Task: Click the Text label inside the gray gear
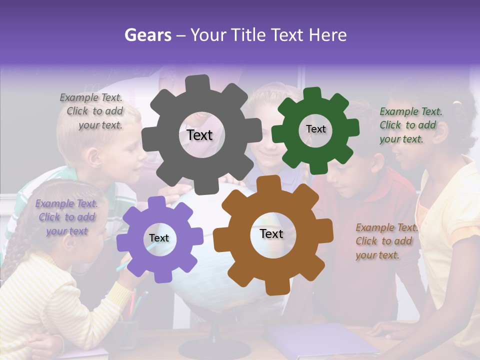[x=199, y=135]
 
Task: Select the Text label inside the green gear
[x=315, y=129]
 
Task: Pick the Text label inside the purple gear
[x=159, y=238]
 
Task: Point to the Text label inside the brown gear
[x=271, y=233]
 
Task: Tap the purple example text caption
[x=67, y=217]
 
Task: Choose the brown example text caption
[x=384, y=241]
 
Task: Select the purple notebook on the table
[x=320, y=340]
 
